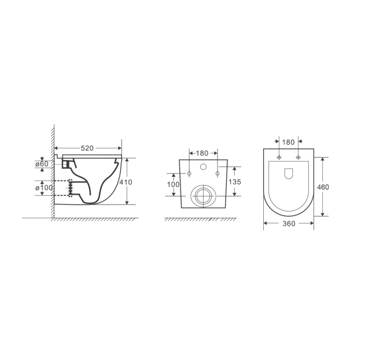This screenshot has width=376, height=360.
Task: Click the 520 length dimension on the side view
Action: click(x=87, y=149)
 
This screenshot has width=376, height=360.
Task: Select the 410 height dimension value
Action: click(x=126, y=182)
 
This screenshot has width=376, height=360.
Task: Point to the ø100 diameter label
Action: click(x=45, y=188)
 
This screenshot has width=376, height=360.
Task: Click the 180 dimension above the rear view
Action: click(x=202, y=153)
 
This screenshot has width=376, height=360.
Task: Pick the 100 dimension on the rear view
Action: click(x=172, y=184)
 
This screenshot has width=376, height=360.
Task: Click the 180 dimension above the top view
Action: click(x=288, y=142)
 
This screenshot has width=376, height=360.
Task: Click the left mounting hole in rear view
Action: click(x=189, y=173)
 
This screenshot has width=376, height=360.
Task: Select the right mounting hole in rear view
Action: click(x=216, y=173)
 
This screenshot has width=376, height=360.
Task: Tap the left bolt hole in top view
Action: click(x=279, y=157)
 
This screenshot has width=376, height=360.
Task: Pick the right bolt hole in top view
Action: click(x=298, y=157)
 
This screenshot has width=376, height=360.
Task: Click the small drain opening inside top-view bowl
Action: click(x=288, y=173)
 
